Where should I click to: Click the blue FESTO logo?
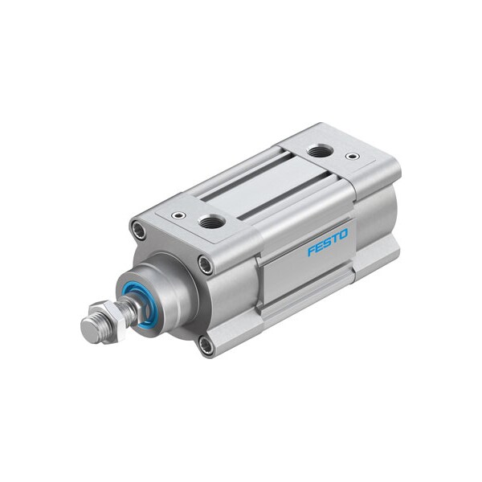328,243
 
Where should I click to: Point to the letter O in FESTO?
344,235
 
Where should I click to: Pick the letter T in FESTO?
336,239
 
